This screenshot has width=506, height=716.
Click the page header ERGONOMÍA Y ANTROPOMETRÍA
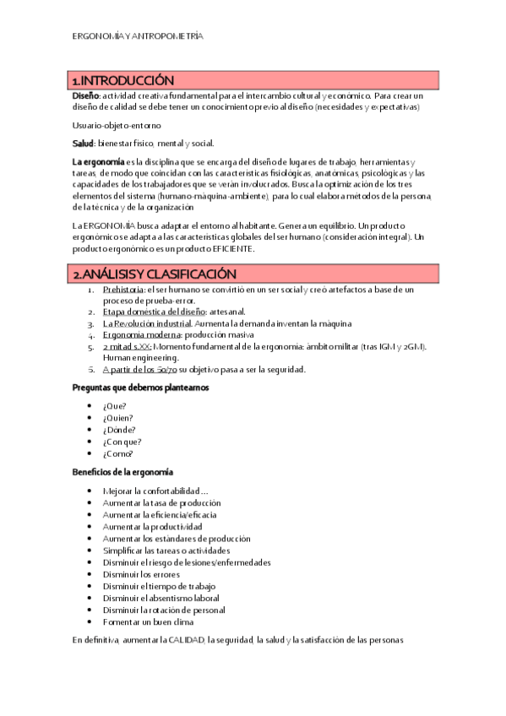138,37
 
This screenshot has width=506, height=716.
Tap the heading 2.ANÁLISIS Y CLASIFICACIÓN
155,274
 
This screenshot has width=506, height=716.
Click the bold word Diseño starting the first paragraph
86,95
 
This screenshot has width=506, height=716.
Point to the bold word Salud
83,143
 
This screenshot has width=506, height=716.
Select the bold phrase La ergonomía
99,161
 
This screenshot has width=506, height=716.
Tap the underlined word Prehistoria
122,290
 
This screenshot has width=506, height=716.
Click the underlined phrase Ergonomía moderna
137,335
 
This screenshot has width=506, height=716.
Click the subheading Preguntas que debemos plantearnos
139,387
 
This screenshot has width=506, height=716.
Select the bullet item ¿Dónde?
118,429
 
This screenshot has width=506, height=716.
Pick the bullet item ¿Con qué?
122,441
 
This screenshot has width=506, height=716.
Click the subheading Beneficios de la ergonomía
122,470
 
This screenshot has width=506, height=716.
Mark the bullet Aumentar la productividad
152,526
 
